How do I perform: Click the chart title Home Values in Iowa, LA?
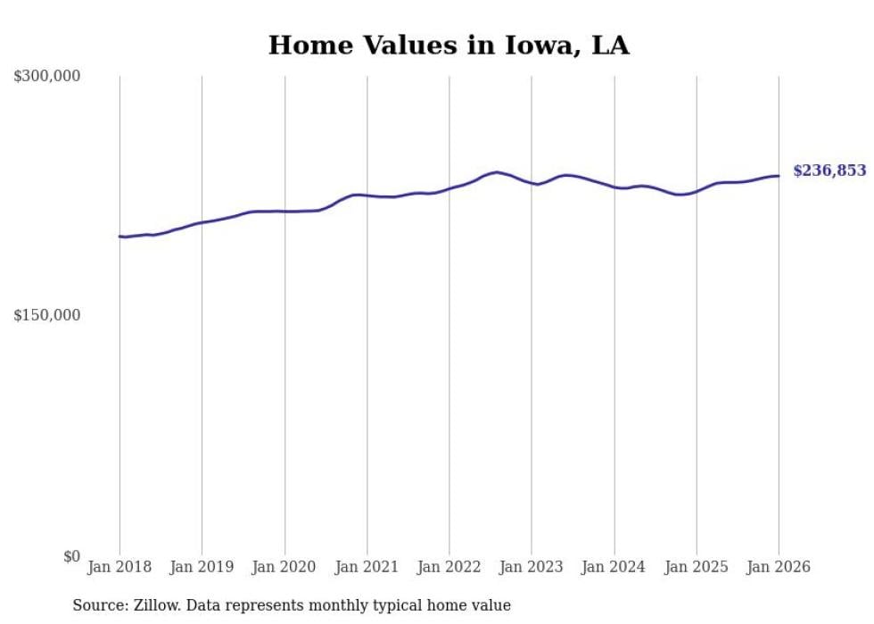click(x=449, y=46)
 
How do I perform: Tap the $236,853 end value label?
click(x=829, y=171)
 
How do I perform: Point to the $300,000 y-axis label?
click(x=46, y=77)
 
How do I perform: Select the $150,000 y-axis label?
click(x=46, y=315)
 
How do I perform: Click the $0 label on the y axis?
click(x=71, y=556)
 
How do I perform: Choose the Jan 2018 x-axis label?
click(x=120, y=567)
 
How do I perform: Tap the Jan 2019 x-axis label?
click(x=202, y=567)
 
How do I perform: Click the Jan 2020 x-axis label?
click(x=284, y=567)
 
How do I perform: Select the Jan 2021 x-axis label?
click(x=367, y=567)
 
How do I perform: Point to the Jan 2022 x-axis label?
click(x=449, y=567)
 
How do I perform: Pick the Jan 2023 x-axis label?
click(x=532, y=567)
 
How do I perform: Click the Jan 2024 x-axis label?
click(x=614, y=567)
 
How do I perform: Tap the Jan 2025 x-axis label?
click(x=697, y=567)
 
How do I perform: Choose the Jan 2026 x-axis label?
click(x=779, y=567)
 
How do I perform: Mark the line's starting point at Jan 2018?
click(x=120, y=237)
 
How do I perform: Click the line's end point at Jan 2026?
click(x=779, y=175)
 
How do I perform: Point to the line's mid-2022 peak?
click(x=497, y=172)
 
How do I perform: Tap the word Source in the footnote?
click(x=98, y=605)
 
